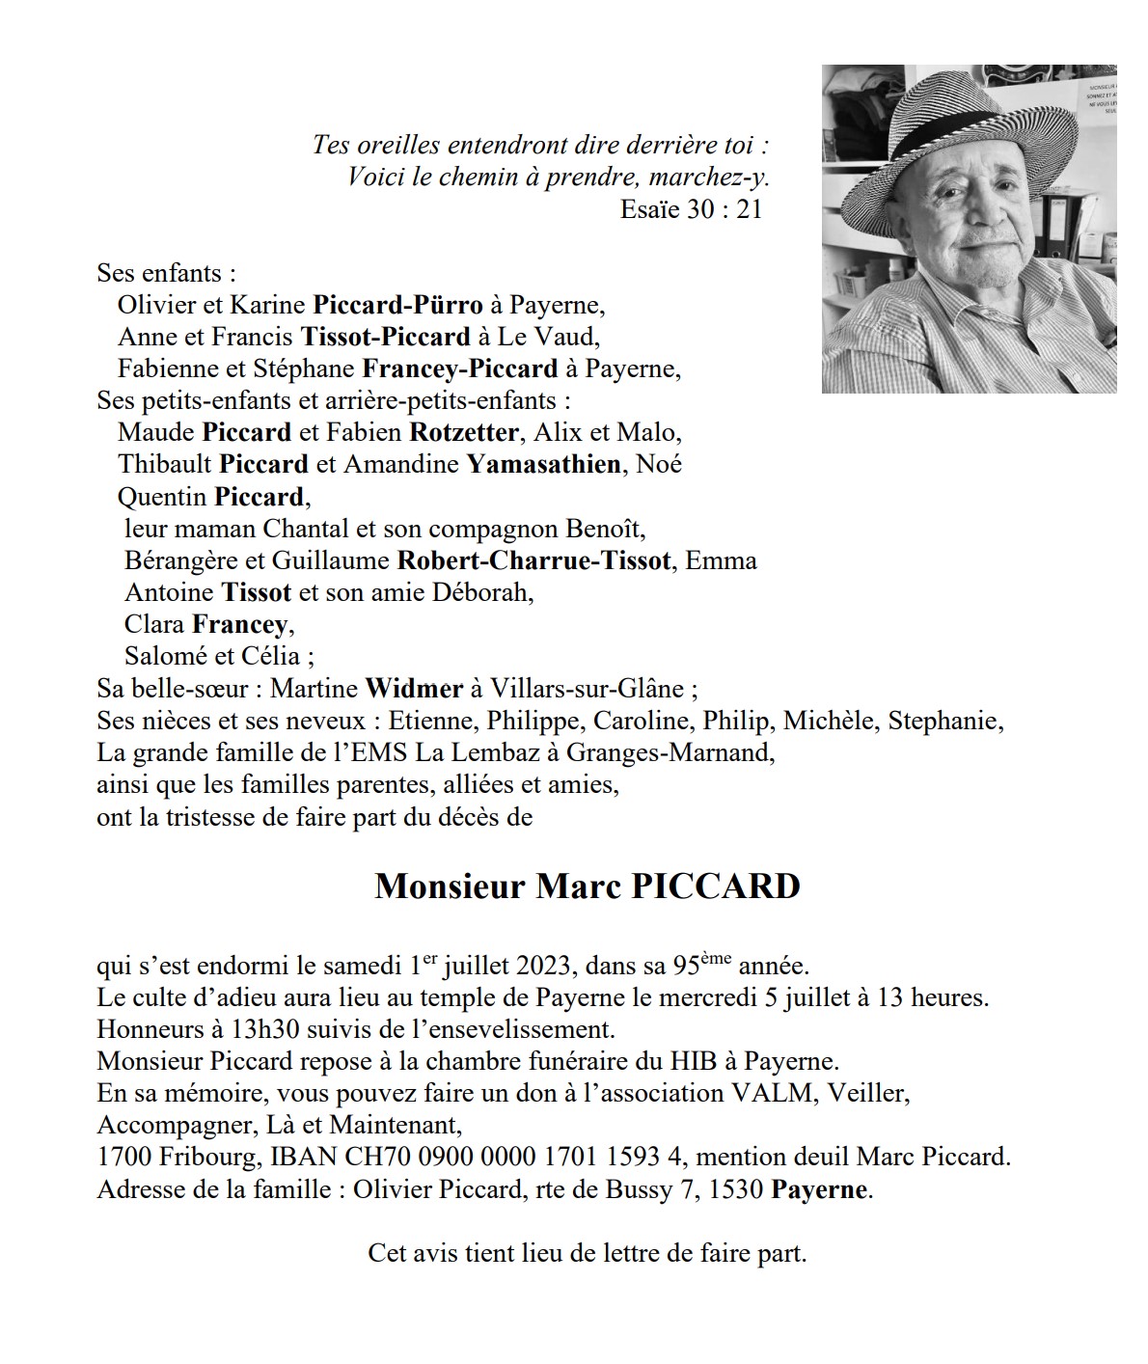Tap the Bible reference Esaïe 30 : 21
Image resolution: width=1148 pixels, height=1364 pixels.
691,209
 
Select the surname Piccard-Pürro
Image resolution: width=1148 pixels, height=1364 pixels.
397,306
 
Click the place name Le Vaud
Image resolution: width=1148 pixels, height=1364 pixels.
560,338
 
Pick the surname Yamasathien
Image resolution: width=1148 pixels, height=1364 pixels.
543,464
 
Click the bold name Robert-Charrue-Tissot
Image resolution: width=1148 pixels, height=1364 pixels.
533,560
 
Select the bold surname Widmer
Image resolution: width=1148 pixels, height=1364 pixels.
414,689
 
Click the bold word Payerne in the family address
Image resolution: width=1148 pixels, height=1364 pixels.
819,1189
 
